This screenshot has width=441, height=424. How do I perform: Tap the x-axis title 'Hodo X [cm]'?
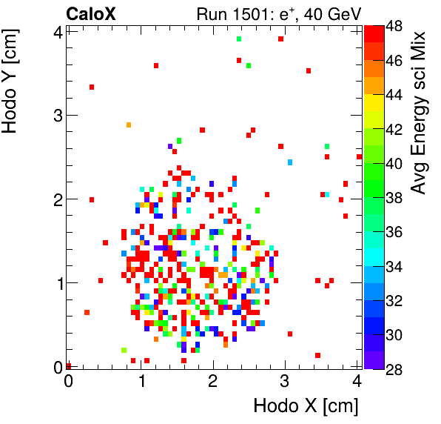(x=306, y=406)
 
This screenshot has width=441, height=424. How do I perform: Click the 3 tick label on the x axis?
(x=285, y=382)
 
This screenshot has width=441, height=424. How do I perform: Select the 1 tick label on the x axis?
(x=141, y=382)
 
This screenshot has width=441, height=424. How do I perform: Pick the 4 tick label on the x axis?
(x=357, y=382)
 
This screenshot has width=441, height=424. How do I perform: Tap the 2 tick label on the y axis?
(x=56, y=199)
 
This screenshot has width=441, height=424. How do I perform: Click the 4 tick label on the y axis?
(x=56, y=31)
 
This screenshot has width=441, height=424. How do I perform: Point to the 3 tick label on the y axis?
(x=56, y=115)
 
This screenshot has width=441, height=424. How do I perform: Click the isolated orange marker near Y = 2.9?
(x=129, y=125)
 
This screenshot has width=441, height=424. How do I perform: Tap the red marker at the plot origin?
(x=68, y=365)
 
